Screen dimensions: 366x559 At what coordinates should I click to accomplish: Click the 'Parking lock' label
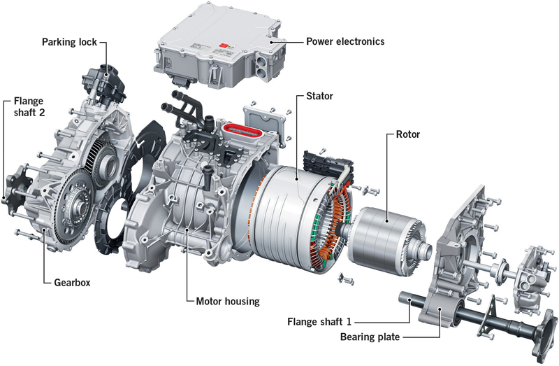coord(68,41)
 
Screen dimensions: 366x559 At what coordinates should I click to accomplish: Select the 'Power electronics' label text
coord(345,41)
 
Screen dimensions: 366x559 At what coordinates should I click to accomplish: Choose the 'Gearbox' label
coord(73,283)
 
